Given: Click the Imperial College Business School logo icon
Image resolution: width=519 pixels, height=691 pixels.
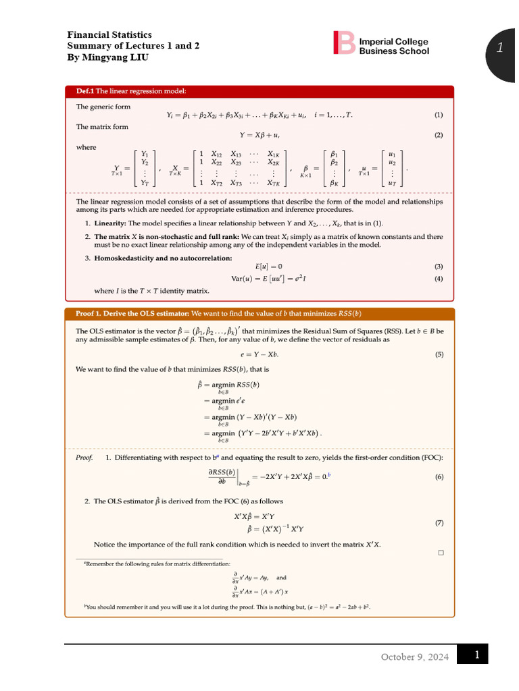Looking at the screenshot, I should (x=343, y=43).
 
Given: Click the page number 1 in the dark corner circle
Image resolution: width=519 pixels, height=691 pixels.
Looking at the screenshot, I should (x=500, y=47).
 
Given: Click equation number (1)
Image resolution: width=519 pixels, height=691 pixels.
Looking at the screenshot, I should (x=439, y=115).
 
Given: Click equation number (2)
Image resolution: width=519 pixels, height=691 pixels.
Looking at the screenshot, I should (x=439, y=135).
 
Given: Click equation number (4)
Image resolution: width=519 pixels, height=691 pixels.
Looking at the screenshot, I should (x=439, y=279).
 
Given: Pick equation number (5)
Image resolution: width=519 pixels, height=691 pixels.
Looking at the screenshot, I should (x=439, y=354).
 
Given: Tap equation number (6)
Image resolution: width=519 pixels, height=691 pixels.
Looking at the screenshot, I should (x=439, y=477).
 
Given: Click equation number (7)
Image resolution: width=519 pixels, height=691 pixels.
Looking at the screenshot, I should (x=439, y=523).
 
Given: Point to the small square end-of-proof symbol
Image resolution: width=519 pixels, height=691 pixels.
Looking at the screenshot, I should (x=440, y=553).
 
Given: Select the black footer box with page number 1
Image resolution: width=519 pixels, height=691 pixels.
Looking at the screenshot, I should (x=472, y=655).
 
